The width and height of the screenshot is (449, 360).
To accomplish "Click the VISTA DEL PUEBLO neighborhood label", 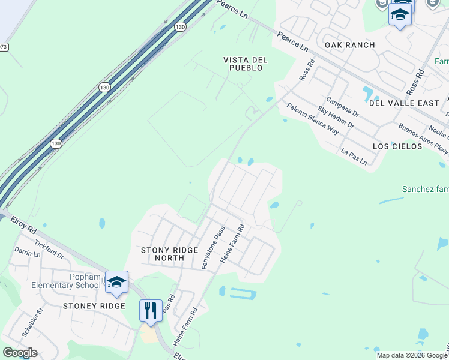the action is point(245,64).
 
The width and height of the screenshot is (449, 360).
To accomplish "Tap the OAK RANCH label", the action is point(349,45).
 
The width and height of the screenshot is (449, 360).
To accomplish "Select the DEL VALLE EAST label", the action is point(404,103).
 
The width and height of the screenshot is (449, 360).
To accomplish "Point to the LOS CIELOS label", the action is point(397,146).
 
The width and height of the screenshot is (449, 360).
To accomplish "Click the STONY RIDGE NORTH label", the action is point(169,254).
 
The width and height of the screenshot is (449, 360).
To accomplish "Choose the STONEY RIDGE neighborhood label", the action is point(94,306).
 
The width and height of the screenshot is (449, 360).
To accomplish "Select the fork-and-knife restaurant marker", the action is point(150,311).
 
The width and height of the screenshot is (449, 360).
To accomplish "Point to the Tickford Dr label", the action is point(49,249).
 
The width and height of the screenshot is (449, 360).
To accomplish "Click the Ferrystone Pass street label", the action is point(213,247).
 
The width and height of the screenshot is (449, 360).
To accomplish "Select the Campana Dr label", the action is point(342,107).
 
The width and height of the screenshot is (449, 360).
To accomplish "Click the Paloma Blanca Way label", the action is point(312,116).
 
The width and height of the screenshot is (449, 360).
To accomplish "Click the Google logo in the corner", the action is point(20,353).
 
